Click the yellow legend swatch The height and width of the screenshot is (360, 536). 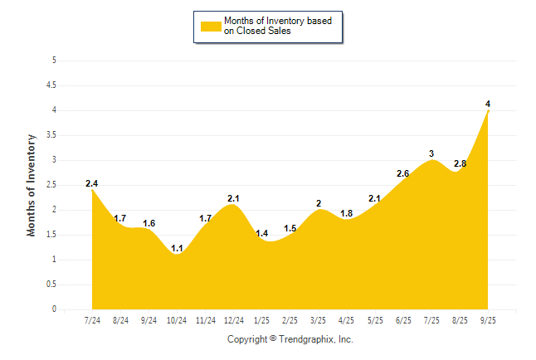pyautogui.click(x=208, y=26)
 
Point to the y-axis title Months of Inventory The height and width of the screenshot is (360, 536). pyautogui.click(x=32, y=185)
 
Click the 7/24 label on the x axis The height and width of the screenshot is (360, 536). pyautogui.click(x=93, y=320)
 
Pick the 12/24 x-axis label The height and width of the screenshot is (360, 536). pyautogui.click(x=233, y=320)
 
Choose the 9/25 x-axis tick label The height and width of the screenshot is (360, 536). pyautogui.click(x=488, y=320)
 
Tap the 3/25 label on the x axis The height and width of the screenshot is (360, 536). pyautogui.click(x=318, y=320)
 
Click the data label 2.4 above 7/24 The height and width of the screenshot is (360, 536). pyautogui.click(x=92, y=183)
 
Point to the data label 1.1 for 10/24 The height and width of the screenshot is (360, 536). pyautogui.click(x=178, y=247)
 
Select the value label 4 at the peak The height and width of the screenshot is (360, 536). pyautogui.click(x=488, y=104)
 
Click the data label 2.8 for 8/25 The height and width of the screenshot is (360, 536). pyautogui.click(x=460, y=163)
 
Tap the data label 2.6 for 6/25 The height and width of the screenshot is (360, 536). pyautogui.click(x=403, y=173)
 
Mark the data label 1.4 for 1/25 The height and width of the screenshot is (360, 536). pyautogui.click(x=261, y=233)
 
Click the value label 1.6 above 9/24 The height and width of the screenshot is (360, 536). pyautogui.click(x=149, y=223)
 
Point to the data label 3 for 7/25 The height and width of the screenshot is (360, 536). pyautogui.click(x=431, y=153)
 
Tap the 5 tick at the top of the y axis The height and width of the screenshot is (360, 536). pyautogui.click(x=54, y=61)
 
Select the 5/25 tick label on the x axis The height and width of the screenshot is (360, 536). pyautogui.click(x=375, y=320)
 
